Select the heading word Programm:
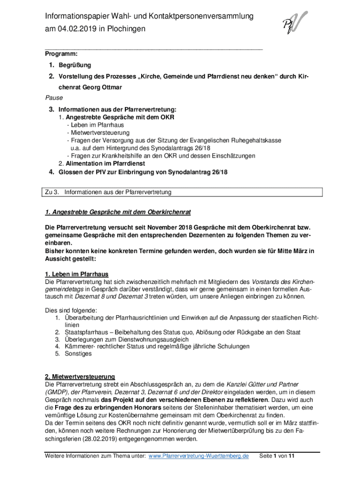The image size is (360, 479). (61, 54)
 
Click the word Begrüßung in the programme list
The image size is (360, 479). (75, 65)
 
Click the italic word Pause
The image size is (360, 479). (54, 98)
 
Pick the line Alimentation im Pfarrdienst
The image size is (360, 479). (105, 164)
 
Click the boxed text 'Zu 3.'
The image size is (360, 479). (51, 192)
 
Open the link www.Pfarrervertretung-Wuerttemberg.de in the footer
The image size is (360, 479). (198, 456)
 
